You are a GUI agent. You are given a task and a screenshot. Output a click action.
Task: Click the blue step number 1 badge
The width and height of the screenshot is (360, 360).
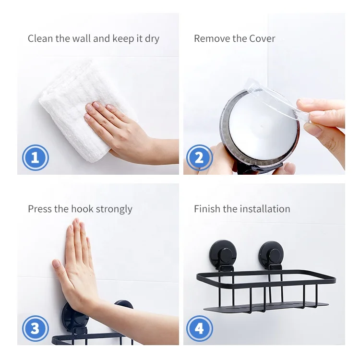[x=36, y=158]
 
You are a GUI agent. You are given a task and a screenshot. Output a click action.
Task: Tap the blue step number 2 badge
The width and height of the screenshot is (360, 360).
[x=199, y=158]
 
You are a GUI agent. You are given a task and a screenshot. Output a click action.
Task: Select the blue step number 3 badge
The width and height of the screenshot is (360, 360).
[x=36, y=328]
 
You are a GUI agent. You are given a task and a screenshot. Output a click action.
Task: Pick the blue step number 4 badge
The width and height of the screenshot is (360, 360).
[x=199, y=328]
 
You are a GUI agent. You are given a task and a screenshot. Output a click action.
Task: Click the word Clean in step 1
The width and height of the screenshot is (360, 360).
[x=40, y=38]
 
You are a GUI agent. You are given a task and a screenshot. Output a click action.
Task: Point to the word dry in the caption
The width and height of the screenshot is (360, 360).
[x=152, y=39]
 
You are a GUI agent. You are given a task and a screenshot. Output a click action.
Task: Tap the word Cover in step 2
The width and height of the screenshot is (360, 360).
[x=262, y=38]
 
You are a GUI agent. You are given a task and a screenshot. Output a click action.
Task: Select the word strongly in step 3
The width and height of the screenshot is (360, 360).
[x=114, y=210]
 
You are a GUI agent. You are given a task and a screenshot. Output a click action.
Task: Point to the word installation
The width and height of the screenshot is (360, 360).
[x=265, y=209]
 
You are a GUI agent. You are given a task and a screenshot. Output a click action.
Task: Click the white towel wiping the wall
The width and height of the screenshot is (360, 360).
[x=76, y=110]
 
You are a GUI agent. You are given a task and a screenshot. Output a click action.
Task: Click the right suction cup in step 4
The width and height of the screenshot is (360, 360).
[x=271, y=255]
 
